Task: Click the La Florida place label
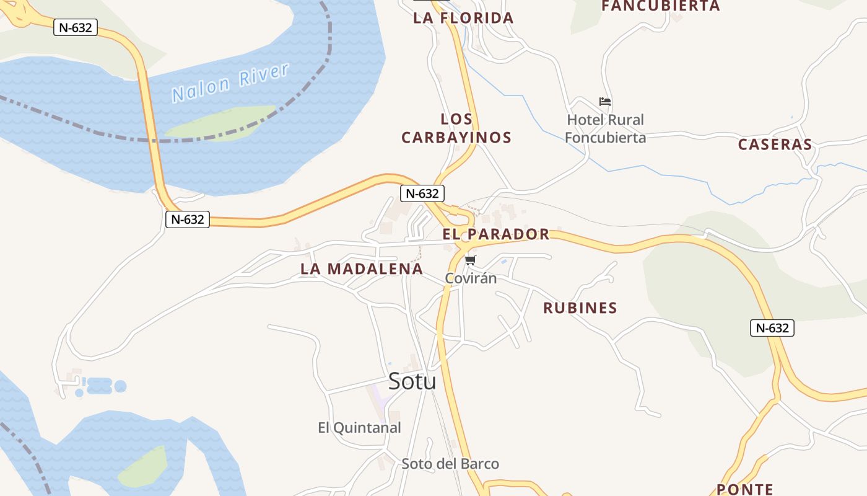463,18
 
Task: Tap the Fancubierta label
661,6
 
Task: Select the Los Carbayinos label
456,128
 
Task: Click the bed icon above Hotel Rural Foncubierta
605,102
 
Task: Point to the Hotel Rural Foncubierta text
605,128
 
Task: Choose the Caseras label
775,144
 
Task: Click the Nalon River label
230,82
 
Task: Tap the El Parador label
496,234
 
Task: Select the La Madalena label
362,269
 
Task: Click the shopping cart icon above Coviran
471,260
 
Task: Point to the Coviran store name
471,278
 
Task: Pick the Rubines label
580,308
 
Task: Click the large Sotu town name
412,381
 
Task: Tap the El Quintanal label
359,428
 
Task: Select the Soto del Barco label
450,464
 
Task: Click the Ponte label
745,489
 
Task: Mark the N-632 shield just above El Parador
422,193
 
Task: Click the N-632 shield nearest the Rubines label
772,328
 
